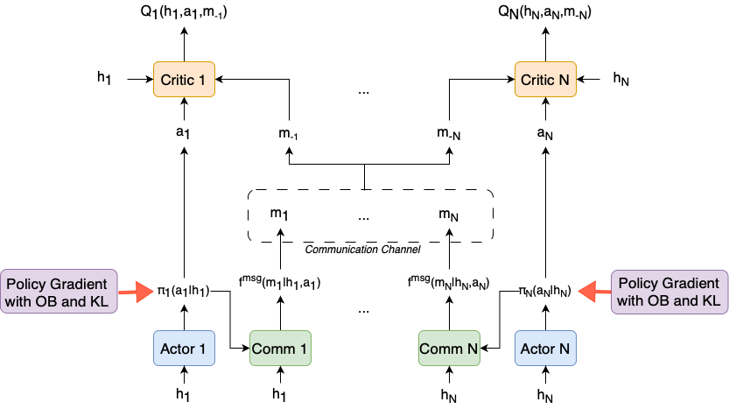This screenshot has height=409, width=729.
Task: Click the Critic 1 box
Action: pyautogui.click(x=184, y=80)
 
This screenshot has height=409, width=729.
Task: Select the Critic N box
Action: pyautogui.click(x=546, y=80)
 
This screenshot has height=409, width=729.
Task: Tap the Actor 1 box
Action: pyautogui.click(x=184, y=349)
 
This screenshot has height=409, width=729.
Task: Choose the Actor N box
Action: pyautogui.click(x=546, y=349)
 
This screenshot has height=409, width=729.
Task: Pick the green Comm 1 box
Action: pyautogui.click(x=280, y=349)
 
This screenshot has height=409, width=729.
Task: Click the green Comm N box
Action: pyautogui.click(x=449, y=349)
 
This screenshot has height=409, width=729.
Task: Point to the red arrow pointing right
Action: pyautogui.click(x=137, y=293)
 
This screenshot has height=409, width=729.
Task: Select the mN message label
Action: pyautogui.click(x=448, y=214)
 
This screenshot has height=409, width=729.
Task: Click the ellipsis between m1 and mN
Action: pyautogui.click(x=363, y=215)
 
